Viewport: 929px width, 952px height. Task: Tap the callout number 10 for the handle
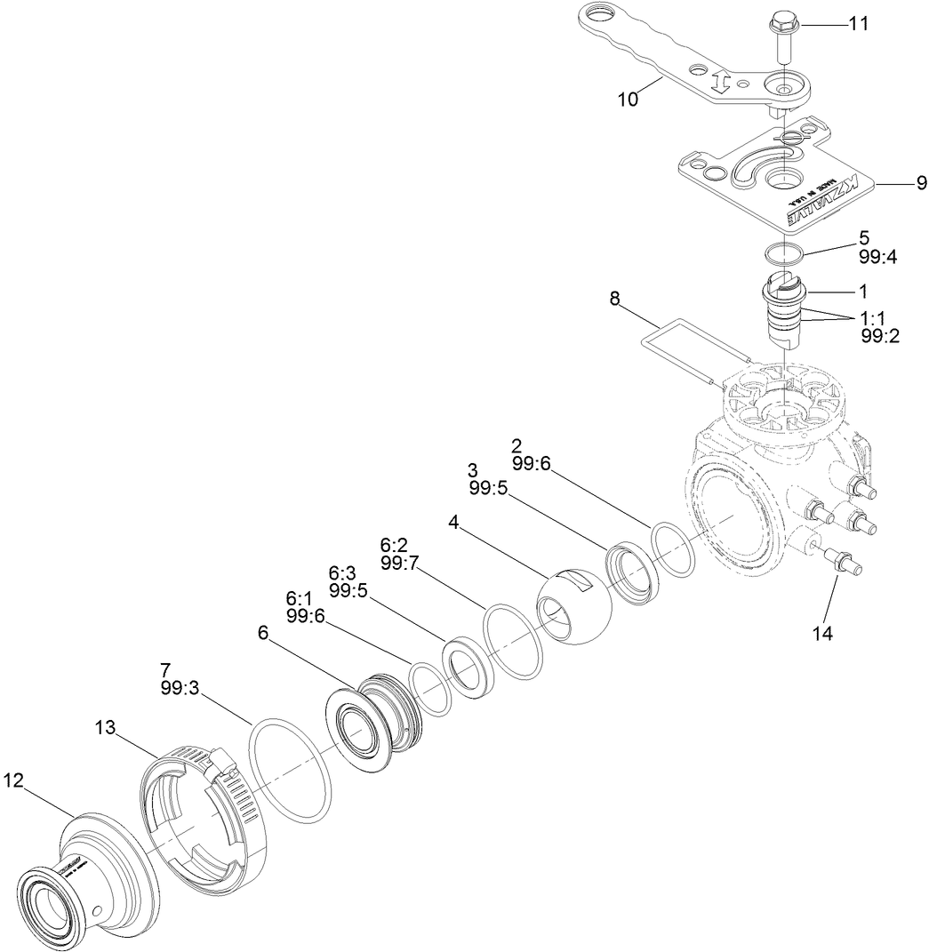[x=629, y=99]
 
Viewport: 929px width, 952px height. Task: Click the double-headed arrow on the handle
[x=721, y=84]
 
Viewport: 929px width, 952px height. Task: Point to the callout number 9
[x=921, y=184]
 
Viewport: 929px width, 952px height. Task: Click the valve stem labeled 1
[x=784, y=311]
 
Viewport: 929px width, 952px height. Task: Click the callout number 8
[x=615, y=300]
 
